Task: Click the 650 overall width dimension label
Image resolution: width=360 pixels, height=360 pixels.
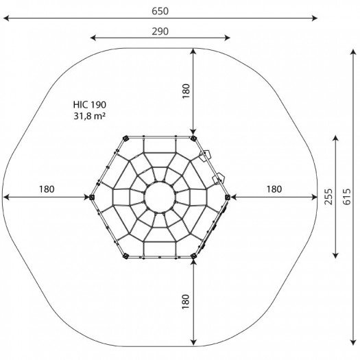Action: (160, 11)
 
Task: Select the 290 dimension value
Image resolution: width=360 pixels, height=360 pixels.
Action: (160, 32)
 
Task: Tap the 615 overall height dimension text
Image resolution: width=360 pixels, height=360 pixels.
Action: (347, 197)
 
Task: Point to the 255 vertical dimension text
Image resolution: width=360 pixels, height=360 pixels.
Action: (328, 197)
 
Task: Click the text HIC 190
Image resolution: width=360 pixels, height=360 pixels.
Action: (90, 105)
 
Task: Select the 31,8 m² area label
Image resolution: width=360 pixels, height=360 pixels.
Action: (90, 116)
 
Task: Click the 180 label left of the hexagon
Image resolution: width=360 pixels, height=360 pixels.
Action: (47, 189)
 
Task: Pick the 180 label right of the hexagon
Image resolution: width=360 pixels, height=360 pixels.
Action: (274, 189)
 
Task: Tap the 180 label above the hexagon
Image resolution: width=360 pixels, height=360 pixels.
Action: (186, 91)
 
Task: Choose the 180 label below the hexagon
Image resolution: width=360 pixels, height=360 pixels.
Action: (186, 302)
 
